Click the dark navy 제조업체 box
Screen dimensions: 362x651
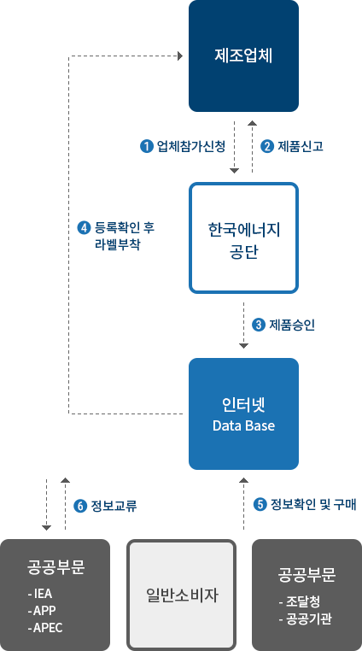pyautogui.click(x=243, y=56)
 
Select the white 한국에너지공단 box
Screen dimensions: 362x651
pyautogui.click(x=243, y=238)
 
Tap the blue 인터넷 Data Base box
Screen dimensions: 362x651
pyautogui.click(x=243, y=414)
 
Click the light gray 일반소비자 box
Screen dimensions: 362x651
pyautogui.click(x=181, y=595)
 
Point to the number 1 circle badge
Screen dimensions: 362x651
pyautogui.click(x=147, y=146)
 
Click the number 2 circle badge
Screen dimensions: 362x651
pyautogui.click(x=267, y=146)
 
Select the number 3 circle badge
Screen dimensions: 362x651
pyautogui.click(x=259, y=325)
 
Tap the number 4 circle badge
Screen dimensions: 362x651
pyautogui.click(x=85, y=228)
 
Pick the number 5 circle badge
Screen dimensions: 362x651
pyautogui.click(x=260, y=504)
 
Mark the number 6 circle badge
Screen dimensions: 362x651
pyautogui.click(x=80, y=506)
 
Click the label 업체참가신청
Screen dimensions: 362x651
pyautogui.click(x=191, y=146)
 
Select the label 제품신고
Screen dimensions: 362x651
pyautogui.click(x=301, y=146)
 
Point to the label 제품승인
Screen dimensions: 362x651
pyautogui.click(x=292, y=325)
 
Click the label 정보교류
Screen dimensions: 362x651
pyautogui.click(x=114, y=506)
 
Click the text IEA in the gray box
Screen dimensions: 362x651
pyautogui.click(x=43, y=594)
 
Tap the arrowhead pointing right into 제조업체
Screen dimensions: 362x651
pyautogui.click(x=180, y=56)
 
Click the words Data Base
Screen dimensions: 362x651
pyautogui.click(x=243, y=425)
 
